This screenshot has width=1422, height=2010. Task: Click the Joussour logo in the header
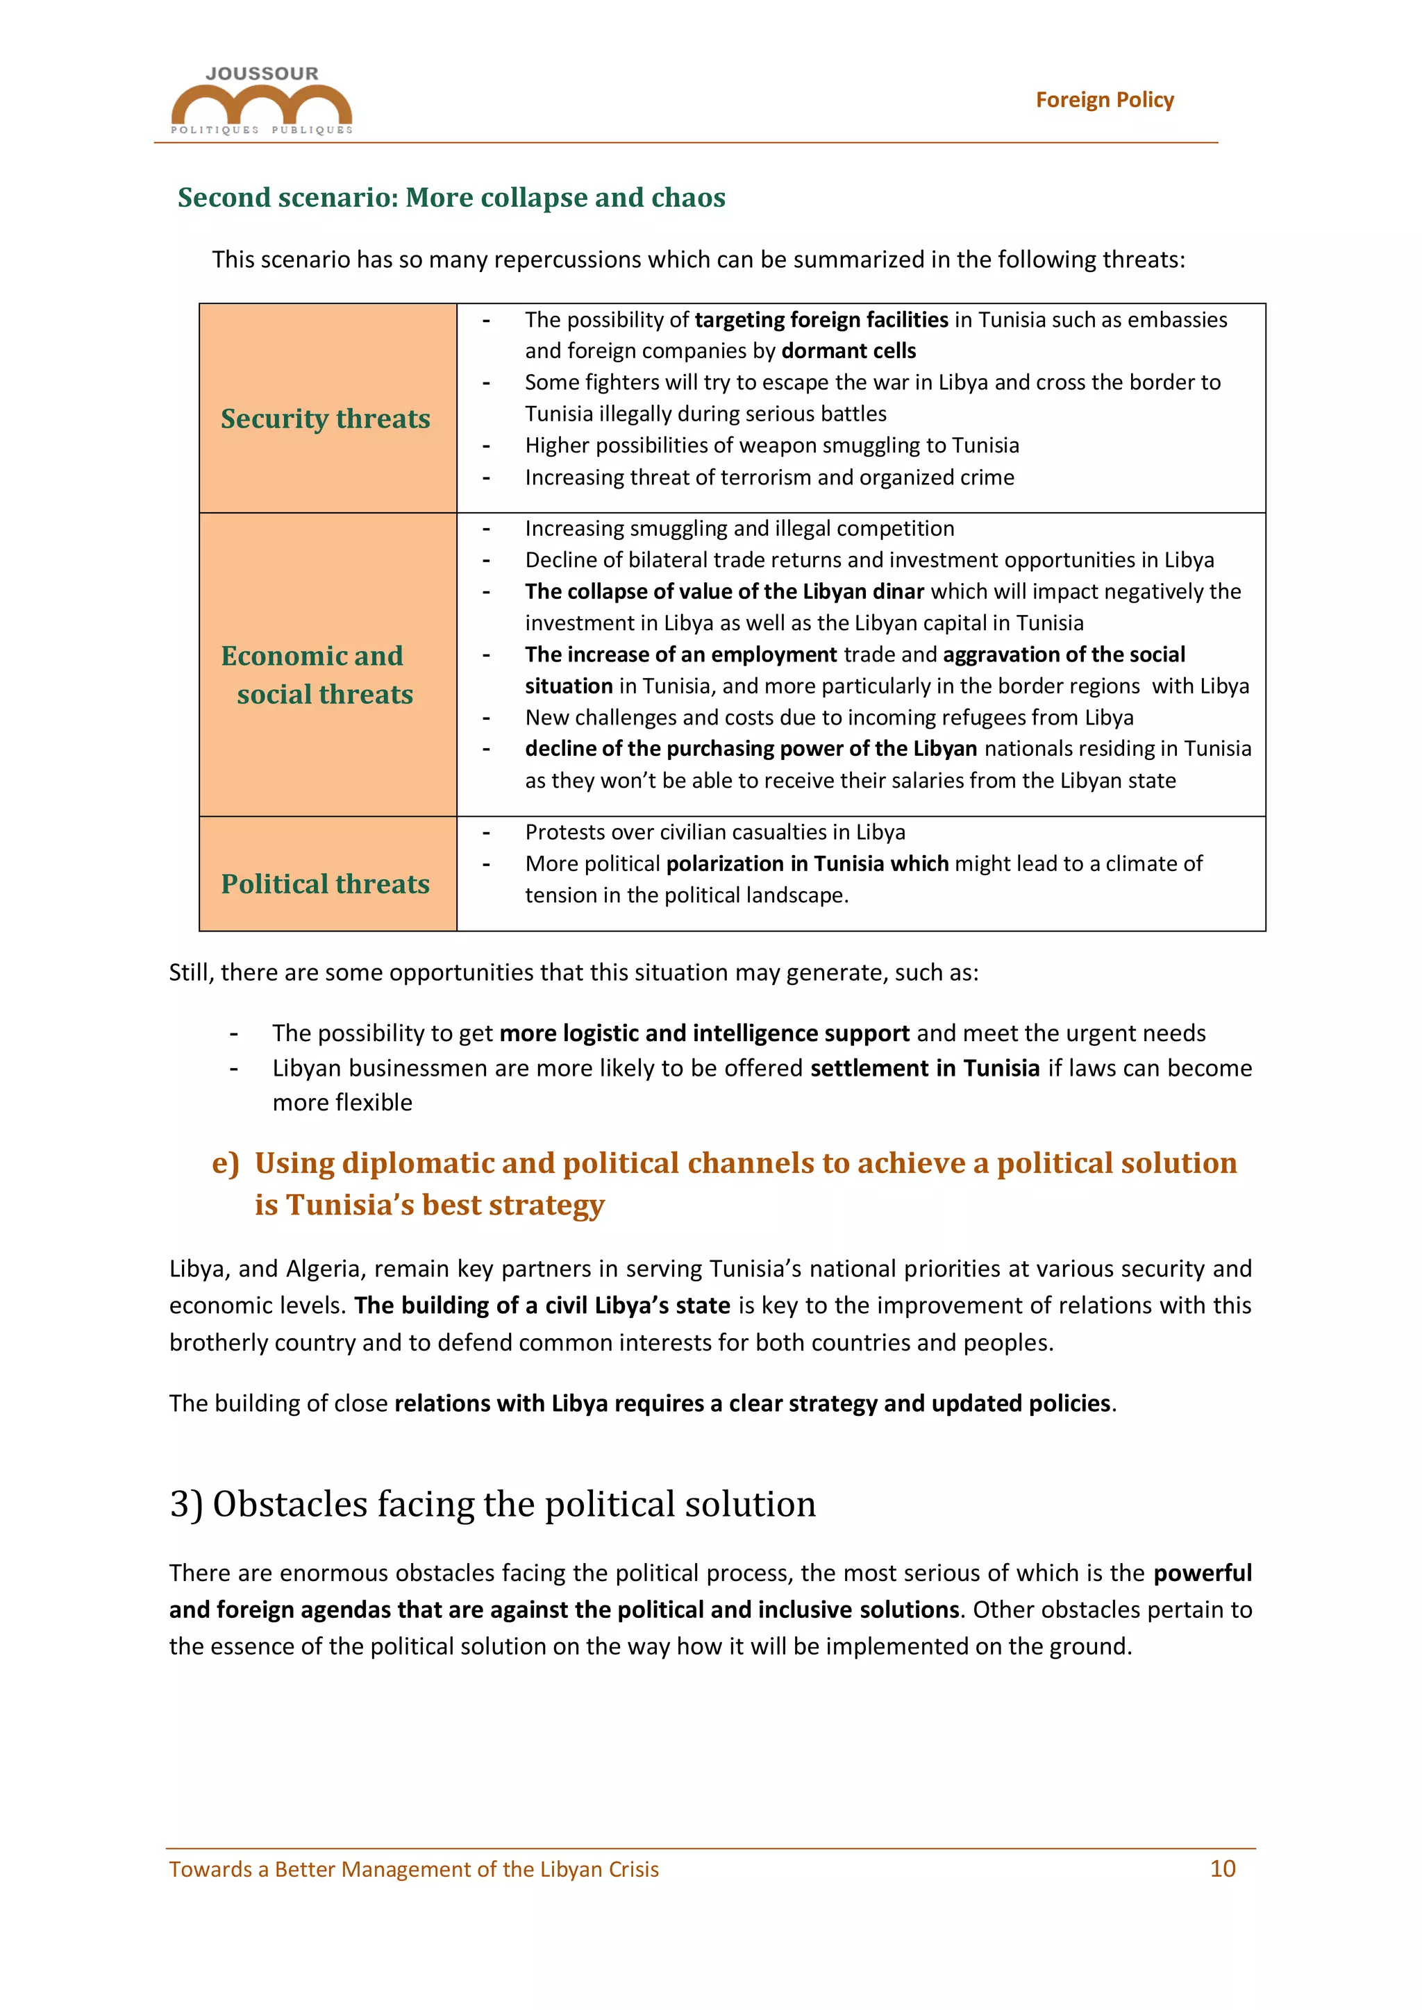click(x=261, y=101)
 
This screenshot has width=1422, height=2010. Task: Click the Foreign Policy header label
click(x=1103, y=100)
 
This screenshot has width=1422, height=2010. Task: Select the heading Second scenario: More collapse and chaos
click(x=451, y=198)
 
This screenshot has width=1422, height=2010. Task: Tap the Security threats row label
click(x=325, y=419)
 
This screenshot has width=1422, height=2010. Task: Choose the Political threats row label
click(x=325, y=884)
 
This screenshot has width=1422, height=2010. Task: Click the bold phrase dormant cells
click(x=848, y=351)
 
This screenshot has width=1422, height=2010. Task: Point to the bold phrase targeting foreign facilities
click(x=821, y=319)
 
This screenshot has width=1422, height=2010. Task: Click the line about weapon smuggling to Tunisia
click(x=771, y=446)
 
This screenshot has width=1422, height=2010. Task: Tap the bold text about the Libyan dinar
click(x=725, y=592)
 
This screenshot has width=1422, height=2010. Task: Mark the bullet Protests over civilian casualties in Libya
click(x=714, y=833)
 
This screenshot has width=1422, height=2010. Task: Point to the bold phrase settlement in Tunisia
click(x=925, y=1068)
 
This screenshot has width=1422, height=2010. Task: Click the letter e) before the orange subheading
click(x=225, y=1163)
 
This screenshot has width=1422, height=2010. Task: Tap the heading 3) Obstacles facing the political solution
click(x=492, y=1504)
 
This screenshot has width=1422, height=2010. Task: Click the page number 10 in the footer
click(x=1221, y=1869)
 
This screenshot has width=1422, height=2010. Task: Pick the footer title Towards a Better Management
click(x=413, y=1870)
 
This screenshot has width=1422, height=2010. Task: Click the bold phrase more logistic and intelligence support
click(x=704, y=1033)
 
